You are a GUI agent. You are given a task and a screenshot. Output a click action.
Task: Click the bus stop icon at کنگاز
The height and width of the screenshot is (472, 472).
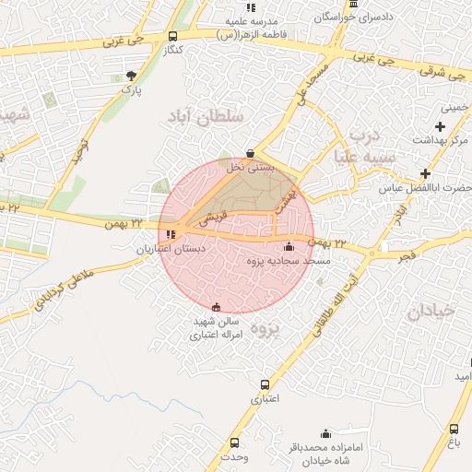tap(173, 37)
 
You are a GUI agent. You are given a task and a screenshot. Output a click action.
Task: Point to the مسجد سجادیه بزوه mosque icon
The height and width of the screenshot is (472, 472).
tap(289, 246)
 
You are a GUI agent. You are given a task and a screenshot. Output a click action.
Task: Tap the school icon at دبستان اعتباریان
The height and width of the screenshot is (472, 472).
tap(171, 235)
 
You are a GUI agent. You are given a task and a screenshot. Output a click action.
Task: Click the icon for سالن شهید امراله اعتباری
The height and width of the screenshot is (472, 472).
tap(217, 307)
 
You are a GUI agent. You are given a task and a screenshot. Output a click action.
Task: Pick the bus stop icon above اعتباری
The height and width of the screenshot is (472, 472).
tap(265, 384)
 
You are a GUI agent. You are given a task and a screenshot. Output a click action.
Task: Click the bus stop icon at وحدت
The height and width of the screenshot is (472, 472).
tap(234, 442)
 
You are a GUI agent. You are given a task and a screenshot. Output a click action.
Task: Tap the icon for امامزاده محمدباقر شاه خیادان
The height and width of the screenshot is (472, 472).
tap(324, 433)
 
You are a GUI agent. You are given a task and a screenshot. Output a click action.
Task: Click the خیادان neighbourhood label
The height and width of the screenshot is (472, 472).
tap(430, 312)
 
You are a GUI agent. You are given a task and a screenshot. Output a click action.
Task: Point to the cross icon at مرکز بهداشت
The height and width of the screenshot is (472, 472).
tap(441, 125)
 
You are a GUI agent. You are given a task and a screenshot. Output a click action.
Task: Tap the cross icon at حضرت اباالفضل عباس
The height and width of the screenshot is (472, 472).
tap(425, 173)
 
